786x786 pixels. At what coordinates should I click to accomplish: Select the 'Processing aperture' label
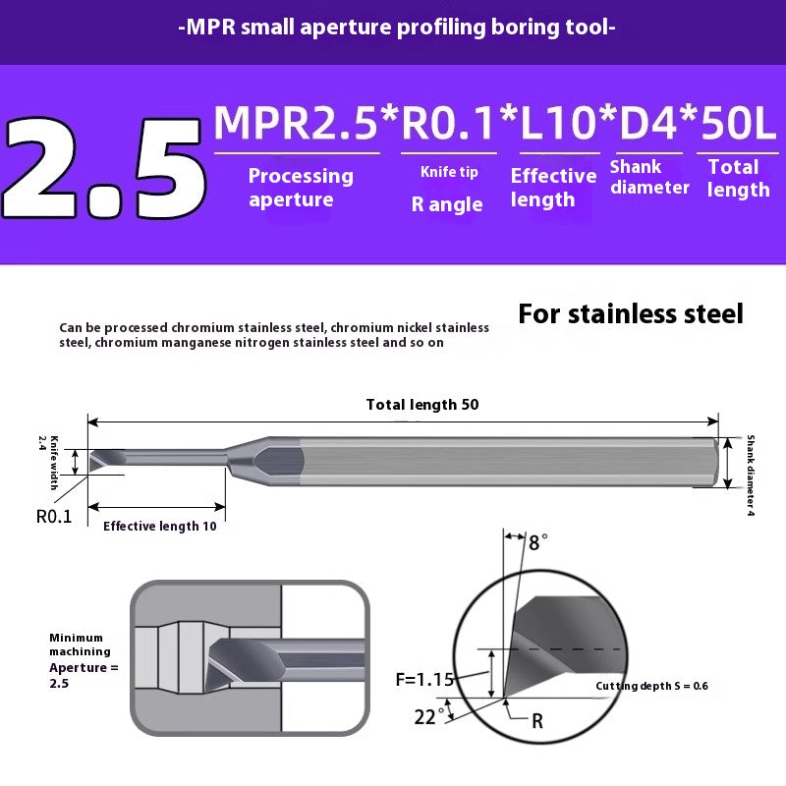coord(300,188)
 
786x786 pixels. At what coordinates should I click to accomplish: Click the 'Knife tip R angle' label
coord(448,190)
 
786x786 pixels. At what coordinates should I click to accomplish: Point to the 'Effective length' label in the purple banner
coord(553,188)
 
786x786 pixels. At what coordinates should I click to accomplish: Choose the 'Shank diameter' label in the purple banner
coord(648,177)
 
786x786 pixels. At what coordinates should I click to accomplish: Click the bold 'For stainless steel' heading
coord(631,314)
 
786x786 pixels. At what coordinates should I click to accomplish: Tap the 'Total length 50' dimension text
coord(422,405)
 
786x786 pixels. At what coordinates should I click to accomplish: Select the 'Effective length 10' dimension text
coord(159,526)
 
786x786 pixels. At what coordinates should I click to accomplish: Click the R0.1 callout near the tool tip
coord(54,516)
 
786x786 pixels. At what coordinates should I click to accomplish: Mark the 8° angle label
coord(537,541)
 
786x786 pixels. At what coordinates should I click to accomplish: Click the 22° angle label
coord(425,717)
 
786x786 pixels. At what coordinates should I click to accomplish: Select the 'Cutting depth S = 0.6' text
coord(651,686)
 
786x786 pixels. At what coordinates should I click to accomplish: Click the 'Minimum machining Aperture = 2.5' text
coord(83,659)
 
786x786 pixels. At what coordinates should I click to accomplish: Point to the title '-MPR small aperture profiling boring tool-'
coord(397,28)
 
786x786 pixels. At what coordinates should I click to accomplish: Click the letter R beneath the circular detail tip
coord(537,721)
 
